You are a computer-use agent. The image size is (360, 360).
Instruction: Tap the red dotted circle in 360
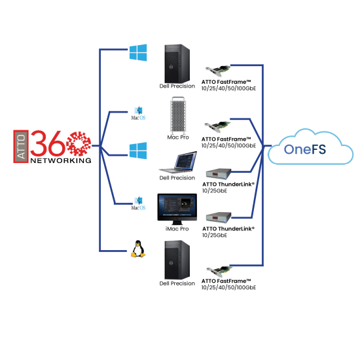tap(79, 143)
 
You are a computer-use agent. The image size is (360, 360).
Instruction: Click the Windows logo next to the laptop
tap(137, 150)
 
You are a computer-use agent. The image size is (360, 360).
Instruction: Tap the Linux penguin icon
tap(138, 249)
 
